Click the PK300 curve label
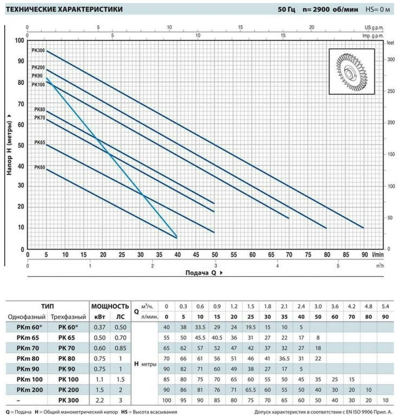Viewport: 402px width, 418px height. (x=38, y=50)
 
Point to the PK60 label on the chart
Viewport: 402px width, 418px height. (x=39, y=167)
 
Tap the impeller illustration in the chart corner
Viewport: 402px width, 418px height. (x=351, y=72)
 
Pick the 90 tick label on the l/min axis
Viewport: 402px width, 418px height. (x=365, y=255)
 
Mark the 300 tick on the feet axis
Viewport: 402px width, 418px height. (x=391, y=59)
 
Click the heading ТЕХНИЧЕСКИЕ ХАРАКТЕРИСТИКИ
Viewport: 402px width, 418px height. (x=64, y=9)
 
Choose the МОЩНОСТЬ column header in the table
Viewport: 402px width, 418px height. (x=110, y=306)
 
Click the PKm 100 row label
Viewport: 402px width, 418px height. (x=30, y=379)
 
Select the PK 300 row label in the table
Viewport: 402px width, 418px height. (x=68, y=400)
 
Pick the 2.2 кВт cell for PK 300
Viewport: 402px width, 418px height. (x=100, y=400)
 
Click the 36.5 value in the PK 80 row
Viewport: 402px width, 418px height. (x=284, y=359)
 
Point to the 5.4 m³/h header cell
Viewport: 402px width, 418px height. (x=385, y=306)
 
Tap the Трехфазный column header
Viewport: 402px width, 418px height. (x=68, y=317)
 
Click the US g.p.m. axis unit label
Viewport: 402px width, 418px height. (x=374, y=27)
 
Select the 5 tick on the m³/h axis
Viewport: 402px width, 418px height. (x=338, y=266)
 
